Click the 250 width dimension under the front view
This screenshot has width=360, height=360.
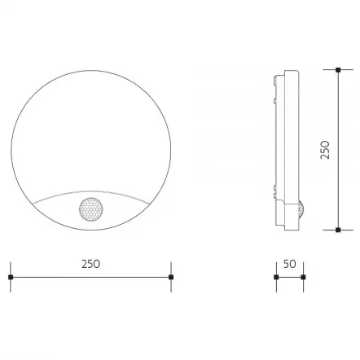pos(90,264)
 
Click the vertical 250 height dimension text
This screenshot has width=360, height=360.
pos(326,149)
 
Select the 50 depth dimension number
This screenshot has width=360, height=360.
pos(290,264)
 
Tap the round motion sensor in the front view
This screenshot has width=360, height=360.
pos(90,209)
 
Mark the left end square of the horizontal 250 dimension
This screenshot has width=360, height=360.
pos(11,277)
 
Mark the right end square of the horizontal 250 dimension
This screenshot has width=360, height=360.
pos(170,277)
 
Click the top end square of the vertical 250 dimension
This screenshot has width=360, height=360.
pos(338,70)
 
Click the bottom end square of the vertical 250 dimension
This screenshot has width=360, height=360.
pos(338,230)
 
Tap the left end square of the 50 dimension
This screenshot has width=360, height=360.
pos(276,277)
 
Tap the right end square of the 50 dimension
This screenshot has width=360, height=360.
pos(303,277)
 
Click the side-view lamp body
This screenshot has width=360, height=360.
pos(286,147)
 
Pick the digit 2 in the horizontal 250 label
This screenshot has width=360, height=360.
pos(84,264)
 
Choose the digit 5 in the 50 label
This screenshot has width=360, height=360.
pos(286,264)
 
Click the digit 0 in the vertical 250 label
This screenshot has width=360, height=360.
pos(326,142)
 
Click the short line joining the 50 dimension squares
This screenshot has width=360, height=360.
pos(289,277)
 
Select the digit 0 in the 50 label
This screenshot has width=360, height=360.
pos(293,264)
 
